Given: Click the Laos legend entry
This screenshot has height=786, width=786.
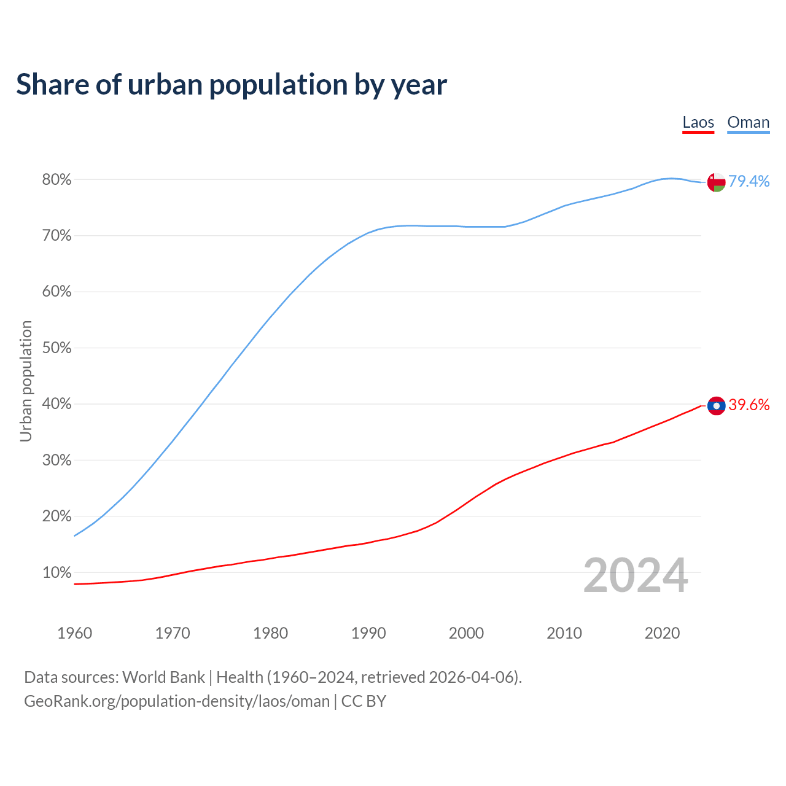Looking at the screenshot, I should click(698, 122).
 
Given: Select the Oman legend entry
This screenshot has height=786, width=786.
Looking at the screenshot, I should click(748, 122).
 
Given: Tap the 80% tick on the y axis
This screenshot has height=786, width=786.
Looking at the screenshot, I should click(56, 180).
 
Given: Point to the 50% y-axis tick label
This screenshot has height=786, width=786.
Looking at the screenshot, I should click(56, 348).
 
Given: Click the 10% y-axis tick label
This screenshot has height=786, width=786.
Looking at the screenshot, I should click(56, 573).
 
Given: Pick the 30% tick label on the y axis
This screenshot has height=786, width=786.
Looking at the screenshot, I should click(56, 461).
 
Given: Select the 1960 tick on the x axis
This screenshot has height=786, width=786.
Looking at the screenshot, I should click(74, 633).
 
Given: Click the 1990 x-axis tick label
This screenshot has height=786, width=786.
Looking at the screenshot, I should click(368, 633).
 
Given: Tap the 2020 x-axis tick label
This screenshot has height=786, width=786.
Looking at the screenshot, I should click(662, 633).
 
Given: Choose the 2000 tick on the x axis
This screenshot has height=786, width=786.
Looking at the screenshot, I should click(466, 633).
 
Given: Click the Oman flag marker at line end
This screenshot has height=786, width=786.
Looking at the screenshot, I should click(716, 182).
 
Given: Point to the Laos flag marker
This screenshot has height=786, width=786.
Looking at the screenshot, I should click(716, 406).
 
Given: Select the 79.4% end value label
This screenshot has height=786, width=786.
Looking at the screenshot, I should click(749, 181).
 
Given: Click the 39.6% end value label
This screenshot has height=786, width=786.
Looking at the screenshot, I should click(749, 405).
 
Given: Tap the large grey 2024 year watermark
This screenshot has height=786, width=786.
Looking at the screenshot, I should click(635, 575).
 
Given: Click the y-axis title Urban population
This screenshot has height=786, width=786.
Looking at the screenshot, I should click(26, 381).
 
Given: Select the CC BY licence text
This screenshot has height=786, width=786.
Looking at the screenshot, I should click(364, 701).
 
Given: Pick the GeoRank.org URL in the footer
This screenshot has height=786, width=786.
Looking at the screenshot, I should click(177, 701).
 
